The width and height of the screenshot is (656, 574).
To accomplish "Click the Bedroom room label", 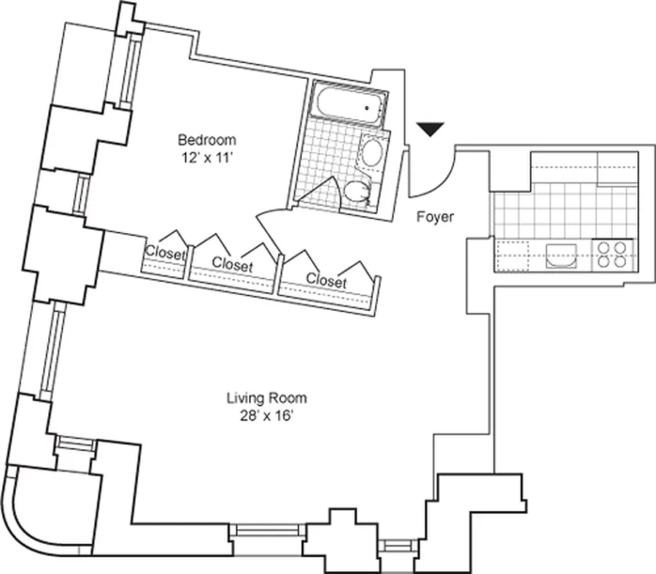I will [x=207, y=139].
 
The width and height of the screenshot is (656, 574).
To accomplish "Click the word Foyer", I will [x=435, y=217].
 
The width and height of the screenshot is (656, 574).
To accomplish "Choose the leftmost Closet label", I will [x=165, y=253].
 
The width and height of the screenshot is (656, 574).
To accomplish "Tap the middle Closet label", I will [x=233, y=265].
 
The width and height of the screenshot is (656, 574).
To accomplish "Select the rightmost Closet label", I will [x=326, y=281].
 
